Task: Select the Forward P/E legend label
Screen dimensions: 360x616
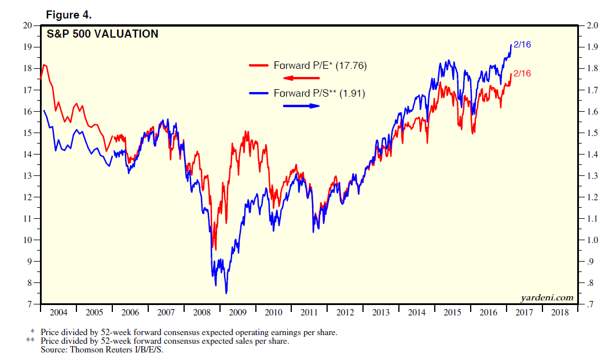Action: point(320,65)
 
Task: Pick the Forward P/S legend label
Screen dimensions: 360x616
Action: point(319,93)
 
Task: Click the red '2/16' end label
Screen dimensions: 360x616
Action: point(522,74)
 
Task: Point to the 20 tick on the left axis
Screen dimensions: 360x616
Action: point(28,25)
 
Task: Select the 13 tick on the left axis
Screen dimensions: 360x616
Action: point(28,175)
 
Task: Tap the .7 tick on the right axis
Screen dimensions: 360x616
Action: point(591,304)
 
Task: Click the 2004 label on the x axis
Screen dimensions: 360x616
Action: point(58,313)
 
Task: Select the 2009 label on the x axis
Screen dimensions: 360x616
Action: point(237,313)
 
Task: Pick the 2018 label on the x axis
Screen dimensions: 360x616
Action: point(560,313)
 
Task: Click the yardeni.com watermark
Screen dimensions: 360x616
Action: point(547,297)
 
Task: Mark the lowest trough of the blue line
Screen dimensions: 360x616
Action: point(226,293)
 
